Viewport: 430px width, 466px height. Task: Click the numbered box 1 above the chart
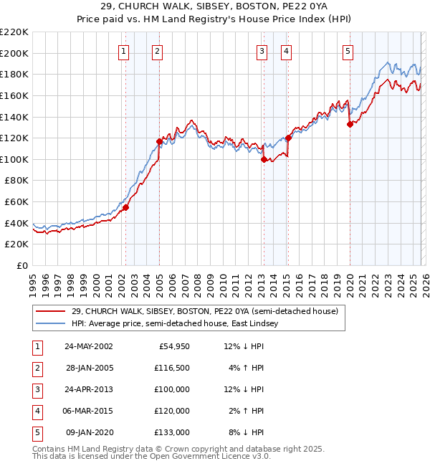click(124, 51)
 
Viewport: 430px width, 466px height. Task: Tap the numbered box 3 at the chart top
click(262, 51)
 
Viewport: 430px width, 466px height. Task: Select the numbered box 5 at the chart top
click(348, 51)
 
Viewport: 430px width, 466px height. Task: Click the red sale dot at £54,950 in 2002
click(125, 207)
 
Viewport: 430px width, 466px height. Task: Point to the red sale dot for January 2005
click(159, 141)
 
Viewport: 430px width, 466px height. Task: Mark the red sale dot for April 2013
click(264, 159)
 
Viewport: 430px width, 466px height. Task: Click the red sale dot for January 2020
click(350, 124)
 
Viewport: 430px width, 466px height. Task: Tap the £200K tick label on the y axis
click(14, 53)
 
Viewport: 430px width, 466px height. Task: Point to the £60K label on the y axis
click(16, 202)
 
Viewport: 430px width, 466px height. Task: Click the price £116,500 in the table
click(172, 367)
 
